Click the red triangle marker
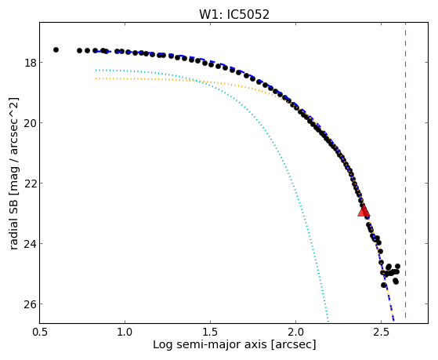tap(364, 211)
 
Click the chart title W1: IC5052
tap(234, 15)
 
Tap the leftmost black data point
tap(56, 49)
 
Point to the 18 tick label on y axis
tap(31, 63)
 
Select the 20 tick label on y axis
tap(31, 123)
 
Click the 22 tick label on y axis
tap(31, 184)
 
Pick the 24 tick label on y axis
tap(31, 244)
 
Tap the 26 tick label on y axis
tap(31, 304)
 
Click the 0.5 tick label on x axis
tap(40, 332)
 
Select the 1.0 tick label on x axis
tap(125, 332)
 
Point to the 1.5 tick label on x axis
tap(210, 332)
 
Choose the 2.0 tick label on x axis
tap(296, 332)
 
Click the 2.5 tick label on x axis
tap(382, 332)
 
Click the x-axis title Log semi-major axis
tap(210, 344)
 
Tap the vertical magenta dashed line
tap(405, 170)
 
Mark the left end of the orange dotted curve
tap(96, 78)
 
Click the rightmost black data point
tap(397, 266)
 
